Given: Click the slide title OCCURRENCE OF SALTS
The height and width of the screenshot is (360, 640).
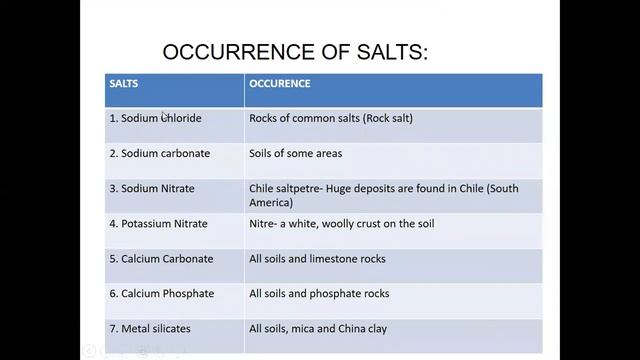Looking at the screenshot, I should click(x=294, y=51).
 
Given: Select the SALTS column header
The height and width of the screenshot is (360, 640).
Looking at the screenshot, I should click(x=124, y=84).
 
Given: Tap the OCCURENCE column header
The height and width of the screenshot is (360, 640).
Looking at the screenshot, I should click(x=280, y=84).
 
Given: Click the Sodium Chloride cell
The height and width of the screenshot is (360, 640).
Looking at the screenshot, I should click(x=155, y=118).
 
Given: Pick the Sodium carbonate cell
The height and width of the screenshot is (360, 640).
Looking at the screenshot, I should click(x=159, y=154).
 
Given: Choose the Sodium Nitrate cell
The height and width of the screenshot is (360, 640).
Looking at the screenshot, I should click(x=152, y=188).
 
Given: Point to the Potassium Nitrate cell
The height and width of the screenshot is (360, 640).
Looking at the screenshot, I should click(x=160, y=223).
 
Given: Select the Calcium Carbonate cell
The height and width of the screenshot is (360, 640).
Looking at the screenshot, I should click(x=161, y=259).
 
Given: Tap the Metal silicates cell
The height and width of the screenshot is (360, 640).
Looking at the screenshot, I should click(x=150, y=328).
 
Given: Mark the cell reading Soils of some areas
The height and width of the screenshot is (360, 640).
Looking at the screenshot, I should click(x=296, y=154).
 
